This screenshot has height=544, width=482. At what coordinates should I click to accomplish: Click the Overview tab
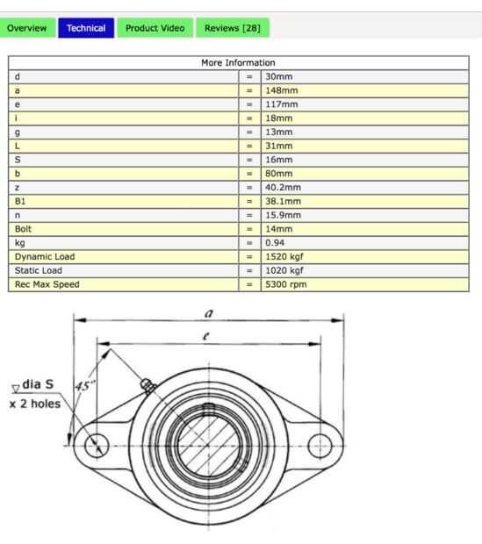click(x=27, y=28)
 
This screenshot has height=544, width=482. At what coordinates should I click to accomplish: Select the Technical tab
click(x=86, y=28)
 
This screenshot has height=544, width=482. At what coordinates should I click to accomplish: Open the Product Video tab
click(x=155, y=28)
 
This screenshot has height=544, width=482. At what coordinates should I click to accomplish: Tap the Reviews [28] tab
click(x=233, y=28)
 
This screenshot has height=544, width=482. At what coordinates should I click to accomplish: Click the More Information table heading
click(x=238, y=63)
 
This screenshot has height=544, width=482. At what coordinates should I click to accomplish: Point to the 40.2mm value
click(x=283, y=188)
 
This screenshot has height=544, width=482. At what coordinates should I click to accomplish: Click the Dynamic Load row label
click(x=45, y=257)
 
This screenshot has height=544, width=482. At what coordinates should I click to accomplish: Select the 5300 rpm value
click(x=286, y=284)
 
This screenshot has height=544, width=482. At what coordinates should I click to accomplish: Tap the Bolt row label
click(x=23, y=229)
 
